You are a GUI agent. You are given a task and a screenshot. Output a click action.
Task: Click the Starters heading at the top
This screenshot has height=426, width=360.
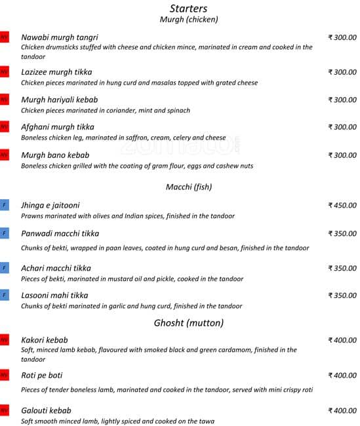pyautogui.click(x=188, y=9)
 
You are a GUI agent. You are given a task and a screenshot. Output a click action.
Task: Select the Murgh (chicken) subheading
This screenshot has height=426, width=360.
pyautogui.click(x=189, y=20)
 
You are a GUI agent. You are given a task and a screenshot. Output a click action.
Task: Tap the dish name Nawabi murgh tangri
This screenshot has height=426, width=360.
pyautogui.click(x=60, y=37)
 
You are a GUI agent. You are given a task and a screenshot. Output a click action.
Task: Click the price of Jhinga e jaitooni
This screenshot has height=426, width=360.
pyautogui.click(x=342, y=205)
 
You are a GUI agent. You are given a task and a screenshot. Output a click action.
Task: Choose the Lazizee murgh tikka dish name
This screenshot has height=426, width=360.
pyautogui.click(x=56, y=72)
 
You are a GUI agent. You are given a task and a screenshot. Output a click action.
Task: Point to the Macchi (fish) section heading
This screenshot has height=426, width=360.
pyautogui.click(x=189, y=187)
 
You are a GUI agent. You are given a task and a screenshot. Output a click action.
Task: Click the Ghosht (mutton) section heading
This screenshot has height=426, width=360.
pyautogui.click(x=189, y=322)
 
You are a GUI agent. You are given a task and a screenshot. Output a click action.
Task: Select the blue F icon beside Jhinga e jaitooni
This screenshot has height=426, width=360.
pyautogui.click(x=5, y=205)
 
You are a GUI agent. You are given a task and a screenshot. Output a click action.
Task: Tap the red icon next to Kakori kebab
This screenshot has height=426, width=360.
pyautogui.click(x=5, y=340)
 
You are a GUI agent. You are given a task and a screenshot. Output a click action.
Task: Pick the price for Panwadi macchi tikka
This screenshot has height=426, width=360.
pyautogui.click(x=342, y=233)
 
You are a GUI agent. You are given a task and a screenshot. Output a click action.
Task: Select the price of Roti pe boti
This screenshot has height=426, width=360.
pyautogui.click(x=342, y=376)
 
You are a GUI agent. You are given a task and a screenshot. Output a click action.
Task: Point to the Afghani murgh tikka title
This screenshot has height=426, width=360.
pyautogui.click(x=58, y=127)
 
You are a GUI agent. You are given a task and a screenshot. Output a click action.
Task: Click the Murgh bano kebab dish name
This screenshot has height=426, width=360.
pyautogui.click(x=55, y=155)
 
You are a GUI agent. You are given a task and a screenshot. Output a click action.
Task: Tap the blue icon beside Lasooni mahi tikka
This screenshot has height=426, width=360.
pyautogui.click(x=5, y=296)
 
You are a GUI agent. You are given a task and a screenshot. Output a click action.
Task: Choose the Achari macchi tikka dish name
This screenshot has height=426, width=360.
pyautogui.click(x=56, y=268)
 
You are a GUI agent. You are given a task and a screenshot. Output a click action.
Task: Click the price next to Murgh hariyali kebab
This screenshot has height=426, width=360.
pyautogui.click(x=342, y=100)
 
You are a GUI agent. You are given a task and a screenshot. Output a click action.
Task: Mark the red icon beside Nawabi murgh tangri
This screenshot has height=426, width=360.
pyautogui.click(x=5, y=37)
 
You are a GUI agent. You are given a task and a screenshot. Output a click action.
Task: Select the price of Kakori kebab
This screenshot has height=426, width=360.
pyautogui.click(x=342, y=340)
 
